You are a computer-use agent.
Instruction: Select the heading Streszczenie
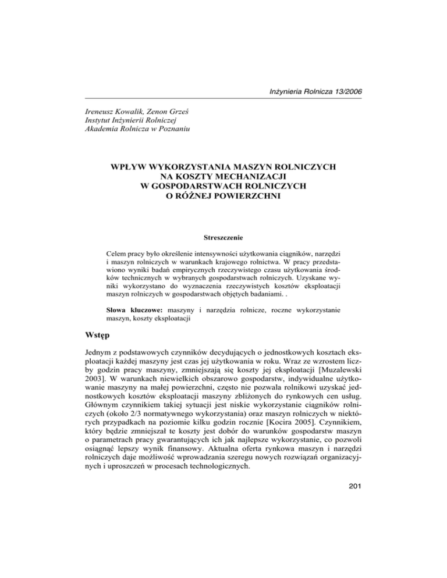click(x=223, y=237)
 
